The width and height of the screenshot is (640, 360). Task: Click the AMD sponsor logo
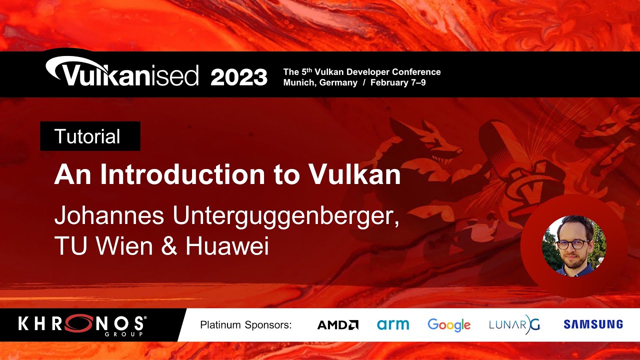pyautogui.click(x=338, y=325)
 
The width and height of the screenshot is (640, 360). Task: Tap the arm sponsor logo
pyautogui.click(x=393, y=324)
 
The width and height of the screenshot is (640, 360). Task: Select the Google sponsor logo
pyautogui.click(x=449, y=325)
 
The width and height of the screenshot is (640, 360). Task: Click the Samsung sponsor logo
pyautogui.click(x=593, y=324)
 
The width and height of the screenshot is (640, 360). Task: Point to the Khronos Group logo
pyautogui.click(x=82, y=325)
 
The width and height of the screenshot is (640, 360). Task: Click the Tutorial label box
pyautogui.click(x=90, y=136)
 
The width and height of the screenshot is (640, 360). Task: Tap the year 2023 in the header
pyautogui.click(x=239, y=77)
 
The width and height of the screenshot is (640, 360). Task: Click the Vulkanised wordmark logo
pyautogui.click(x=122, y=73)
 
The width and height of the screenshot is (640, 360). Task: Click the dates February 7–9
pyautogui.click(x=398, y=83)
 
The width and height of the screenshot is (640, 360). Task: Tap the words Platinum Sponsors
pyautogui.click(x=245, y=325)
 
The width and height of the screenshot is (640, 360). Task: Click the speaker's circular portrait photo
pyautogui.click(x=574, y=245)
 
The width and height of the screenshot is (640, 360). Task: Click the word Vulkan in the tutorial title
pyautogui.click(x=355, y=175)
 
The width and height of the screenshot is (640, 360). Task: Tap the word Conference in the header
pyautogui.click(x=415, y=72)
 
